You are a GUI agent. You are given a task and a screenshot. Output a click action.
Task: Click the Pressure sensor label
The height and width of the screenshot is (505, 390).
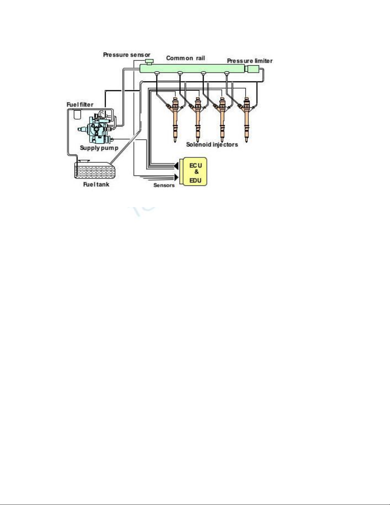pos(127,55)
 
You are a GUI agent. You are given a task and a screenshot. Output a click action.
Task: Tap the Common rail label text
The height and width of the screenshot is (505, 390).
pos(186,58)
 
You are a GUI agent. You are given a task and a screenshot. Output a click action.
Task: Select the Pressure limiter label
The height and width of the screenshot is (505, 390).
pos(250,61)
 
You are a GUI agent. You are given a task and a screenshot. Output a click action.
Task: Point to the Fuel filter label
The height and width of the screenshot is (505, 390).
pos(80,105)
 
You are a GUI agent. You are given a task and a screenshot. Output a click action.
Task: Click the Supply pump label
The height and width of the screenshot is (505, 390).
pos(99,148)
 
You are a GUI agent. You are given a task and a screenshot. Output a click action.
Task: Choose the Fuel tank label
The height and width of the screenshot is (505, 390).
pos(96,184)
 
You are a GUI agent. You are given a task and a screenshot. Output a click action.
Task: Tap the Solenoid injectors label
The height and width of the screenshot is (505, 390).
pos(212,145)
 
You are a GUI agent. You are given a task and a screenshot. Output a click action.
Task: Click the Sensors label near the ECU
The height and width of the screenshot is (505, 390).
pos(164,185)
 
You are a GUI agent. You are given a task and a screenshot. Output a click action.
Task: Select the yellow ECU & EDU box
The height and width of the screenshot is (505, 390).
pos(195,172)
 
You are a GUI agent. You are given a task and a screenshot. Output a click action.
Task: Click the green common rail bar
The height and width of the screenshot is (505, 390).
pos(192,69)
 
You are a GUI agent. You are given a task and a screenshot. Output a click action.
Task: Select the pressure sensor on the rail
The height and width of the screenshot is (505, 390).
pos(149,62)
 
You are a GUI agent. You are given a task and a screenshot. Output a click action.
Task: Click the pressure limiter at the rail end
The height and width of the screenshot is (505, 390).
pos(252,69)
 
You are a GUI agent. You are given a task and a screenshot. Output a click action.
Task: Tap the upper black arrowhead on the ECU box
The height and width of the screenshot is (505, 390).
pos(176,166)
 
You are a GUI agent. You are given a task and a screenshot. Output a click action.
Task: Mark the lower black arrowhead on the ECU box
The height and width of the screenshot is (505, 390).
pos(176,177)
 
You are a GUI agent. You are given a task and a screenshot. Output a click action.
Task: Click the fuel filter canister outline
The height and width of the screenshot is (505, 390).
pos(77,115)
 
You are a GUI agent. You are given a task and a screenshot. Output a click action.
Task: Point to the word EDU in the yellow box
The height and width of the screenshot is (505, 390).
pos(195,180)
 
